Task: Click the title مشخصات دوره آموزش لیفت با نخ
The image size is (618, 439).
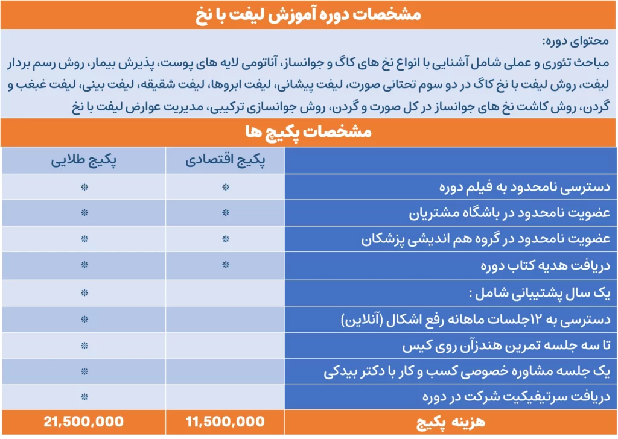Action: (x=309, y=14)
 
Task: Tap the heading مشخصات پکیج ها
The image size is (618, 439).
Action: (x=309, y=132)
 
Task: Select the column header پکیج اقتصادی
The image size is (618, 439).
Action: (x=226, y=161)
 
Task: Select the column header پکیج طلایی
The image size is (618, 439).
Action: (x=84, y=161)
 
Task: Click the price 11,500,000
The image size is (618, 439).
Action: (x=226, y=422)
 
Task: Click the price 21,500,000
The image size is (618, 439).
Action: (x=84, y=422)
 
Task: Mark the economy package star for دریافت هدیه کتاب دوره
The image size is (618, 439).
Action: (x=226, y=265)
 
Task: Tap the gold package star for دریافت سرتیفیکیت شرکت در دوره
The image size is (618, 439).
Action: (x=84, y=396)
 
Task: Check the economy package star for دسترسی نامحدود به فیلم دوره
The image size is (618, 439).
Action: (x=226, y=187)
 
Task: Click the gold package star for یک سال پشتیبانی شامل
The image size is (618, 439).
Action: (x=84, y=292)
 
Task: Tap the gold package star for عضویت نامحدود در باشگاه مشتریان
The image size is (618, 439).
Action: (x=84, y=213)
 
